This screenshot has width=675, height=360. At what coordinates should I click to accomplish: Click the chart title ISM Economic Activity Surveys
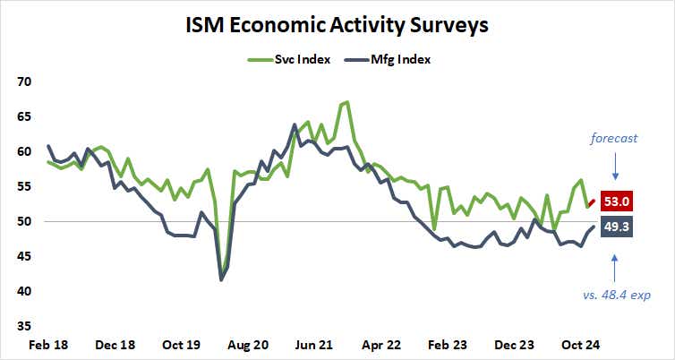coord(337,25)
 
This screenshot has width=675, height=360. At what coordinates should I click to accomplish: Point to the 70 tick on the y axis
coord(24,81)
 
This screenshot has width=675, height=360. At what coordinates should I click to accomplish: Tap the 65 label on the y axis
coord(24,116)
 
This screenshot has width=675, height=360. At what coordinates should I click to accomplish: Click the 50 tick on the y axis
coord(24,222)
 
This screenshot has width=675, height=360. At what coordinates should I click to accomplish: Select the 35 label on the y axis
coord(24,327)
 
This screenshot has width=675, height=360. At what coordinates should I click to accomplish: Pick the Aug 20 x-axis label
coord(248,345)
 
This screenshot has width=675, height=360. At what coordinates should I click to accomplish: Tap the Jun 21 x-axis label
coord(315,345)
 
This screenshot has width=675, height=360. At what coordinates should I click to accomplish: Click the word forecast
coord(615,138)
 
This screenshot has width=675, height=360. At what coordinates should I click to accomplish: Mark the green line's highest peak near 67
coord(346,102)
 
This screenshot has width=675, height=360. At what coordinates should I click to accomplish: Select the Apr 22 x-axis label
coord(382,345)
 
